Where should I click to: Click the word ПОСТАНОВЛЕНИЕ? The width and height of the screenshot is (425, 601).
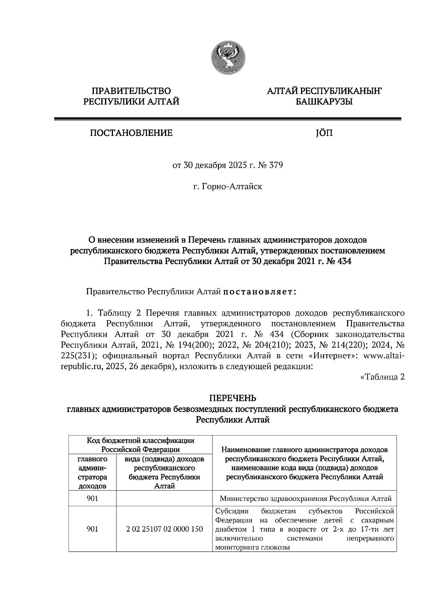pyautogui.click(x=131, y=133)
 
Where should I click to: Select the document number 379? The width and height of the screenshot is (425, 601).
pyautogui.click(x=276, y=165)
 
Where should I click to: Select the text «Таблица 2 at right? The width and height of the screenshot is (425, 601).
pyautogui.click(x=382, y=377)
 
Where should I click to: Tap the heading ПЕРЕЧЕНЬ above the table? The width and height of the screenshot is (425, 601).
pyautogui.click(x=233, y=399)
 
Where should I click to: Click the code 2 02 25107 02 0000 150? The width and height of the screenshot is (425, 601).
pyautogui.click(x=164, y=529)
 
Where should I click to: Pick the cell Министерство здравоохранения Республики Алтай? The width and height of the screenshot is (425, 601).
pyautogui.click(x=305, y=499)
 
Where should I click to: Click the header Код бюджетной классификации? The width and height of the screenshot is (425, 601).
pyautogui.click(x=141, y=441)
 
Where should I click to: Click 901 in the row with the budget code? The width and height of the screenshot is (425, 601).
pyautogui.click(x=92, y=529)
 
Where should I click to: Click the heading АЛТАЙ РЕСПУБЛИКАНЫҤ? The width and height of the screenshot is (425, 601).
pyautogui.click(x=324, y=91)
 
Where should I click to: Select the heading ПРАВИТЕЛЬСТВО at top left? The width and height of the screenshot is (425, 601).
pyautogui.click(x=131, y=91)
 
